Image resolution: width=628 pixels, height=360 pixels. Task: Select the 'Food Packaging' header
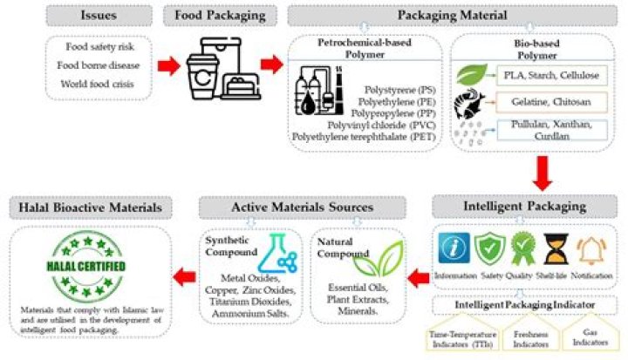click(x=217, y=16)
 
